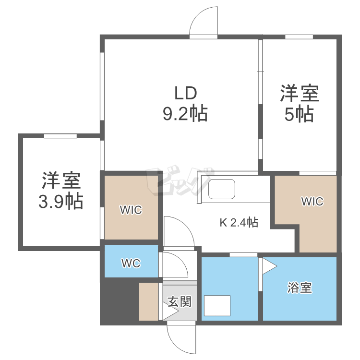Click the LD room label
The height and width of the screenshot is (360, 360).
pyautogui.click(x=185, y=92)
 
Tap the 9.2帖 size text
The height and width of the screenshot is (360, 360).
pyautogui.click(x=185, y=114)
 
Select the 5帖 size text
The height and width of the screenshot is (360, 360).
pyautogui.click(x=299, y=114)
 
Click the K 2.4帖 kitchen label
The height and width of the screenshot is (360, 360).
pyautogui.click(x=239, y=222)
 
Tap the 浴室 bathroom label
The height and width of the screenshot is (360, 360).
pyautogui.click(x=300, y=288)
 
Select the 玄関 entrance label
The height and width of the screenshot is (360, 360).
pyautogui.click(x=180, y=301)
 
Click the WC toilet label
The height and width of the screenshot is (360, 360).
pyautogui.click(x=131, y=264)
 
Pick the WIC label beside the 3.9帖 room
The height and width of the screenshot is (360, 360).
pyautogui.click(x=131, y=210)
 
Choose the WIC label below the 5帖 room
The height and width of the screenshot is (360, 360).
pyautogui.click(x=312, y=202)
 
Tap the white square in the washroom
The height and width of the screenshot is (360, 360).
pyautogui.click(x=217, y=305)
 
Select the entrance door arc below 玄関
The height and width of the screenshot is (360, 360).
pyautogui.click(x=181, y=338)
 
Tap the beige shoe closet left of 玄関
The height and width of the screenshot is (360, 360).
pyautogui.click(x=148, y=301)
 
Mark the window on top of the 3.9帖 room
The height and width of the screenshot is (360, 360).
pyautogui.click(x=60, y=136)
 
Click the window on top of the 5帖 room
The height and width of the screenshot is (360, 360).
pyautogui.click(x=299, y=37)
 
